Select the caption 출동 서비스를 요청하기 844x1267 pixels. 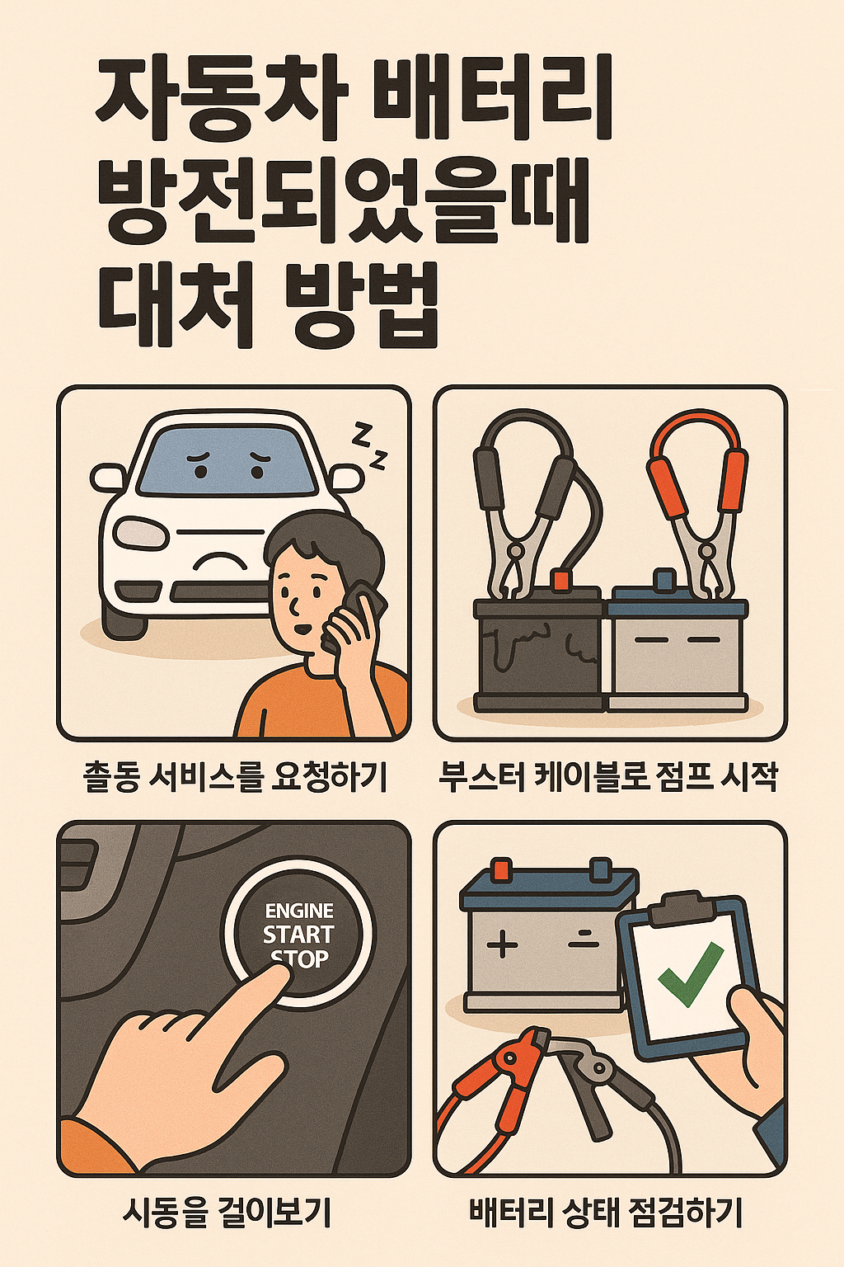[235, 777]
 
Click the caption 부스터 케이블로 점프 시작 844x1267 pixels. [608, 777]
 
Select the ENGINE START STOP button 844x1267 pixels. [298, 934]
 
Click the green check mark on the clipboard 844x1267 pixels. [690, 975]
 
